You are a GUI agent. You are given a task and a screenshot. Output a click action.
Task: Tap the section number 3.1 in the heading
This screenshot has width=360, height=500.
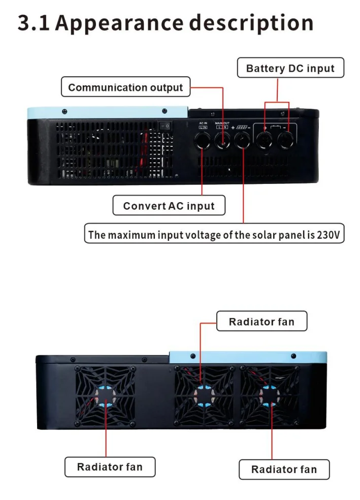34,23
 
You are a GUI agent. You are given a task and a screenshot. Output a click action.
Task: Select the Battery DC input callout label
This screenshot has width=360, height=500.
290,69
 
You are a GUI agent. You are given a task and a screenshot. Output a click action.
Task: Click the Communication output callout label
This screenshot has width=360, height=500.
125,87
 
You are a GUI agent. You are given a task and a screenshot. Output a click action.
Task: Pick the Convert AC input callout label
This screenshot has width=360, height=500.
169,206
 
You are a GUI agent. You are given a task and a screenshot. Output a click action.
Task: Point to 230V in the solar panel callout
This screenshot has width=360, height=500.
329,235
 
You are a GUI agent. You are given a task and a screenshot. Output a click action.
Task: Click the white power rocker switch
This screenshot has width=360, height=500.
164,124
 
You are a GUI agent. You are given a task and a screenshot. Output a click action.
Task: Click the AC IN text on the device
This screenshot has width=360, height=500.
203,123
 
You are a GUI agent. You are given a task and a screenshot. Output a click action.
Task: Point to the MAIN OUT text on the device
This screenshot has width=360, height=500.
222,123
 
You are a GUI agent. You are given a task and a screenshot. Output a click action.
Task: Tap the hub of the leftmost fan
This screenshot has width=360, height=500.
106,397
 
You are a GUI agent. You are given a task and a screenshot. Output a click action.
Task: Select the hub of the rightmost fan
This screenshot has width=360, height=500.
269,395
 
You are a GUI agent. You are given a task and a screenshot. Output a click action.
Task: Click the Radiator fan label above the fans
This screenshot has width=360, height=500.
261,322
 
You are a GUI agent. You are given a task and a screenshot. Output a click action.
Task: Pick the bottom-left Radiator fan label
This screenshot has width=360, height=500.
110,466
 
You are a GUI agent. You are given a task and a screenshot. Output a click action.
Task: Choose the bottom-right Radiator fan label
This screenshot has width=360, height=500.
284,470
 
